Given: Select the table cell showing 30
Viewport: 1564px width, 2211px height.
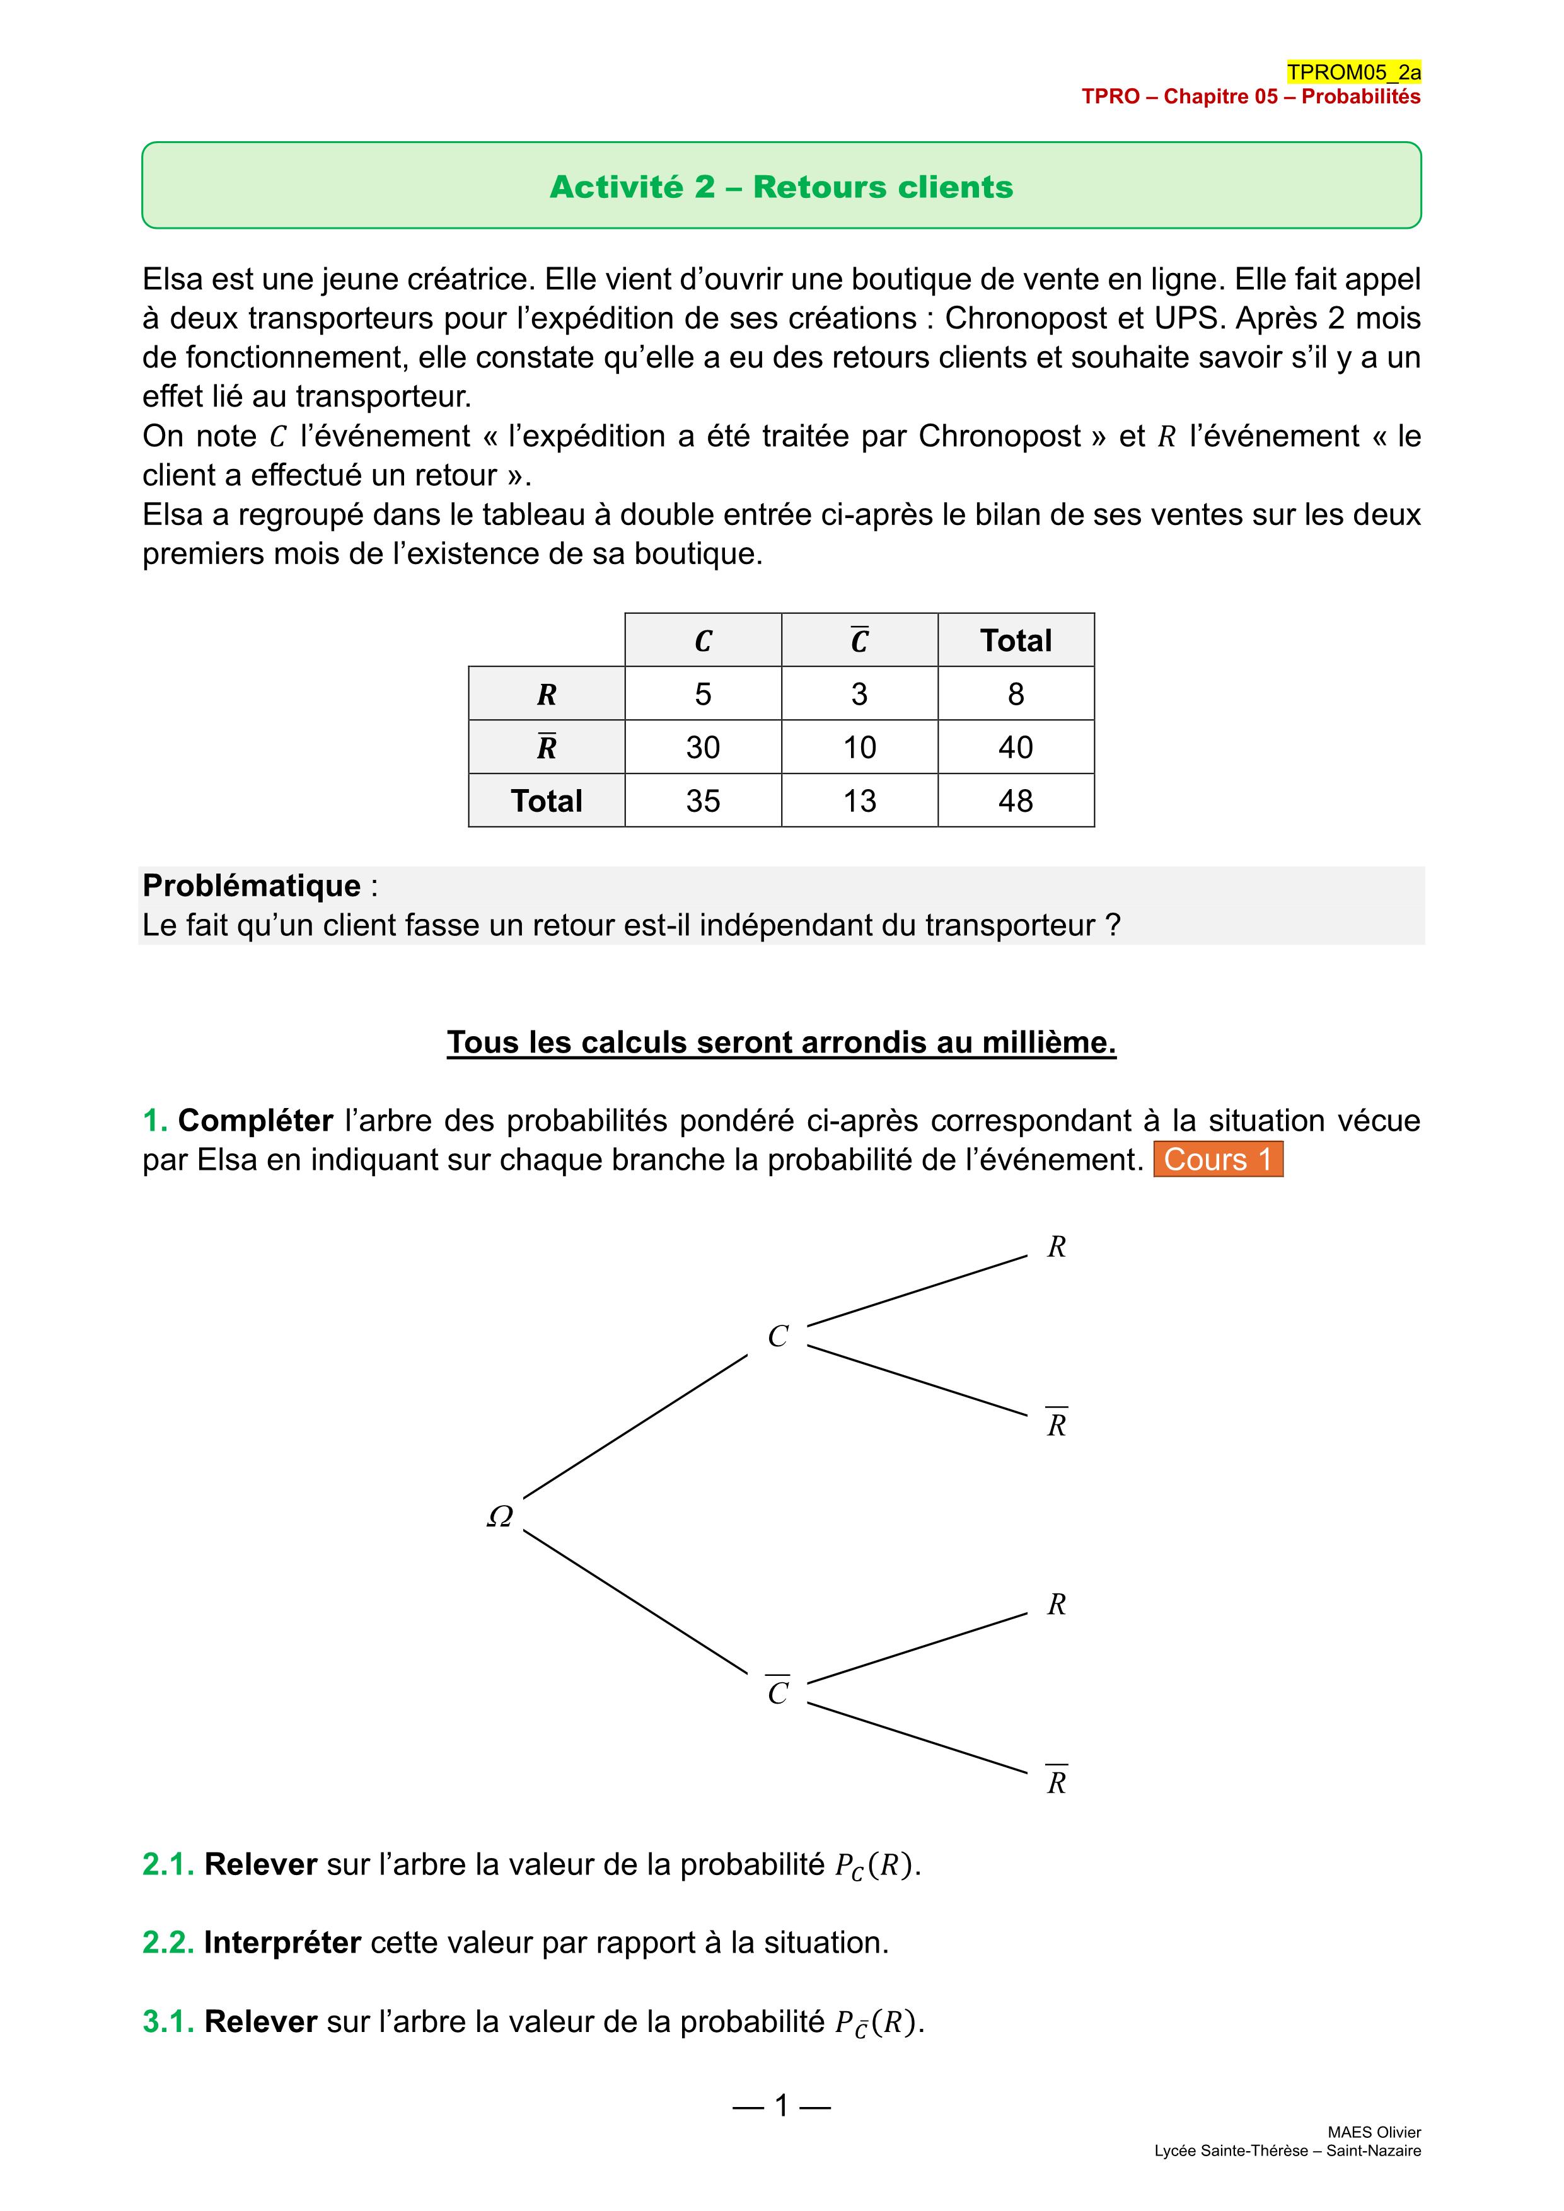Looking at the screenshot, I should tap(703, 748).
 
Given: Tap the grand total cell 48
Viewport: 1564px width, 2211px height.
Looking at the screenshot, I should tap(1016, 800).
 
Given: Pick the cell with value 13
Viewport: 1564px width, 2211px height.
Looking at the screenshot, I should tap(859, 800).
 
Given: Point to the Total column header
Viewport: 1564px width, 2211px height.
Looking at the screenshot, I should tap(1016, 640).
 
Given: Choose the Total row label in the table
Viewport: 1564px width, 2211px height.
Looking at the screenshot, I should tap(546, 800).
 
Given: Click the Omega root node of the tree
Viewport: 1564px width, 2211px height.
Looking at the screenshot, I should tap(500, 1516).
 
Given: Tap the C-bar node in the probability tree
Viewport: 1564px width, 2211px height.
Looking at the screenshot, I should tap(778, 1692).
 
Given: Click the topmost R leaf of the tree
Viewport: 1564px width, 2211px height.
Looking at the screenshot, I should tap(1057, 1247).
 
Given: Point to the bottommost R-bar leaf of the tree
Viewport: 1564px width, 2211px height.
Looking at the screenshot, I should tap(1057, 1782).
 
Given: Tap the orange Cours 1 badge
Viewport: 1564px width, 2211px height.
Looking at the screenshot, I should tap(1219, 1160).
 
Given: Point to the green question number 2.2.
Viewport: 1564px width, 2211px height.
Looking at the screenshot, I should tap(168, 1943).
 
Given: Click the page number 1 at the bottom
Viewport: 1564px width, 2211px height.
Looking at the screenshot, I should tap(782, 2106).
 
